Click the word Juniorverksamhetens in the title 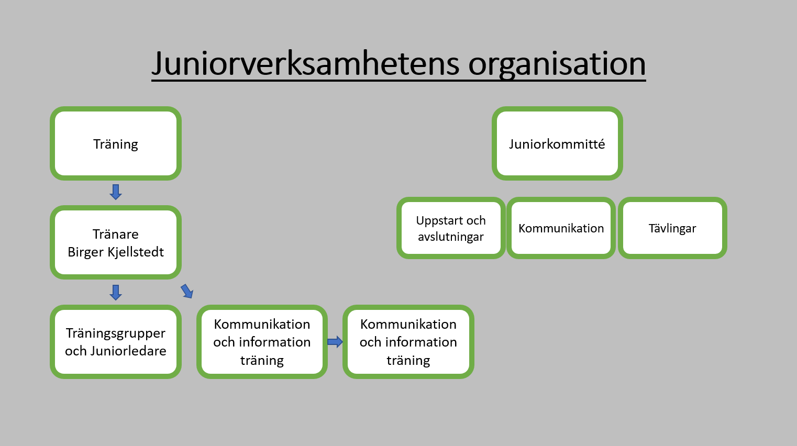[306, 64]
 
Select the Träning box [116, 143]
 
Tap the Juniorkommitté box [557, 143]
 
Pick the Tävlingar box [672, 228]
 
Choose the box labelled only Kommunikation [561, 228]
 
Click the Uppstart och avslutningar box [451, 228]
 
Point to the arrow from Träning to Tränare [116, 192]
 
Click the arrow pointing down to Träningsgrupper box [116, 292]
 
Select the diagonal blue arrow [187, 291]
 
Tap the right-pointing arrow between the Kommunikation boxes [335, 342]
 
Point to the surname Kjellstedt [136, 252]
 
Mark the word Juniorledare [128, 351]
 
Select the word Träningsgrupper [116, 333]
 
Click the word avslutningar [451, 237]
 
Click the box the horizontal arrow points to [408, 342]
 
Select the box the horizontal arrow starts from [262, 342]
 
